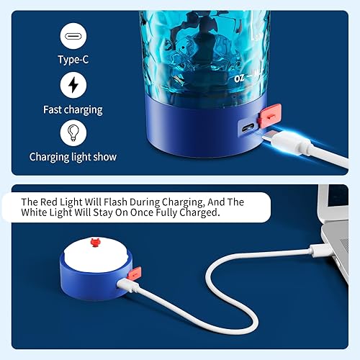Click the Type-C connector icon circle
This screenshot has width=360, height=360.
coord(73,35)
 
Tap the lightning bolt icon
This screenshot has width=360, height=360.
coord(73,86)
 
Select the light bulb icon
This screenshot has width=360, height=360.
coord(73,133)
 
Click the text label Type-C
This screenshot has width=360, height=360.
coord(73,59)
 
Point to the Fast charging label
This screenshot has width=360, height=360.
coord(73,109)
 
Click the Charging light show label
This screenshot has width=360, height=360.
coord(73,156)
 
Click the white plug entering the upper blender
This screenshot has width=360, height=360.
coord(282,137)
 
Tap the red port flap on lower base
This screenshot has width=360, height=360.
coord(135,274)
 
